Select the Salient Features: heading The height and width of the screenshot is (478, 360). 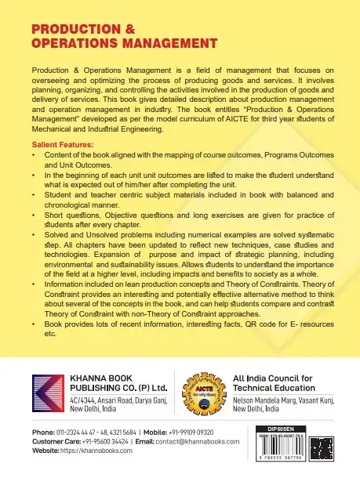point(62,145)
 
